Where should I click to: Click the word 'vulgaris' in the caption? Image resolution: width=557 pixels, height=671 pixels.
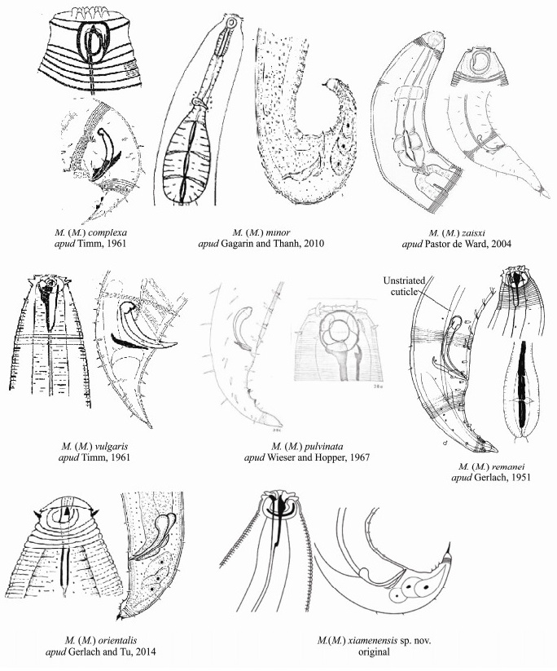[x=112, y=446]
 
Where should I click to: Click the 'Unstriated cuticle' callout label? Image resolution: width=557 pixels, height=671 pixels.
[x=404, y=286]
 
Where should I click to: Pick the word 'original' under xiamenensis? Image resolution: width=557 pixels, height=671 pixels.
[x=374, y=651]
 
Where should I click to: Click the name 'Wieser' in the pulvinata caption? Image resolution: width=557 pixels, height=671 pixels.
[x=281, y=457]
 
